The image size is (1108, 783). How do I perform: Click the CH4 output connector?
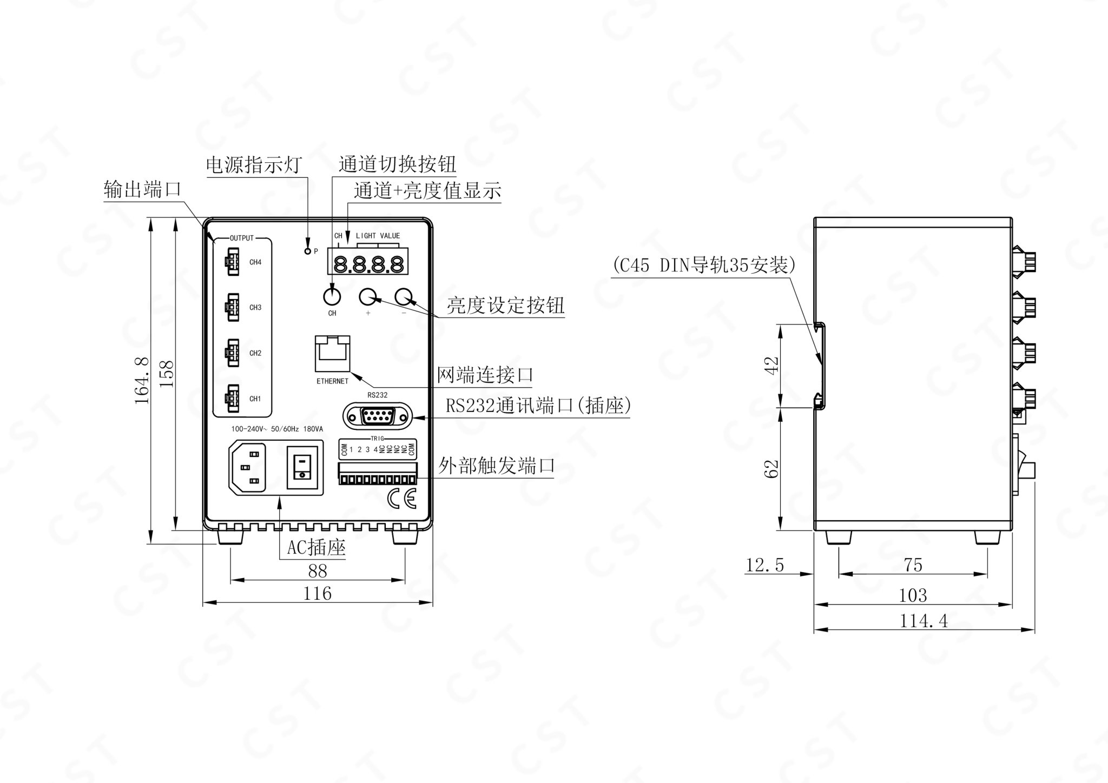[231, 262]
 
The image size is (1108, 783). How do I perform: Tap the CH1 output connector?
[231, 399]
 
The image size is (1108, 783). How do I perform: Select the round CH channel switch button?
[332, 296]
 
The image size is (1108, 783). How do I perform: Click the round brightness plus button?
[368, 296]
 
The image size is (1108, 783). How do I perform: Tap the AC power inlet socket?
[248, 467]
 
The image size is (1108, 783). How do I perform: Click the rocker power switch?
[302, 467]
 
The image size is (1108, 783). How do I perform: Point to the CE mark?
[402, 499]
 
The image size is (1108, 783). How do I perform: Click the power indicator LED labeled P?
[308, 251]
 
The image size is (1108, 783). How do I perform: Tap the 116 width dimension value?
[318, 593]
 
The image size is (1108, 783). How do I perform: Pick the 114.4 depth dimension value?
[924, 621]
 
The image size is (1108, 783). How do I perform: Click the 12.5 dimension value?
[765, 565]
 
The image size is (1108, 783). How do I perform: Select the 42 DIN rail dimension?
[773, 365]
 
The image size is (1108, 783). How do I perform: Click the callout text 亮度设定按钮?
[505, 306]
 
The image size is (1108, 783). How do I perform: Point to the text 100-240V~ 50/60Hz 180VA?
[277, 429]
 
